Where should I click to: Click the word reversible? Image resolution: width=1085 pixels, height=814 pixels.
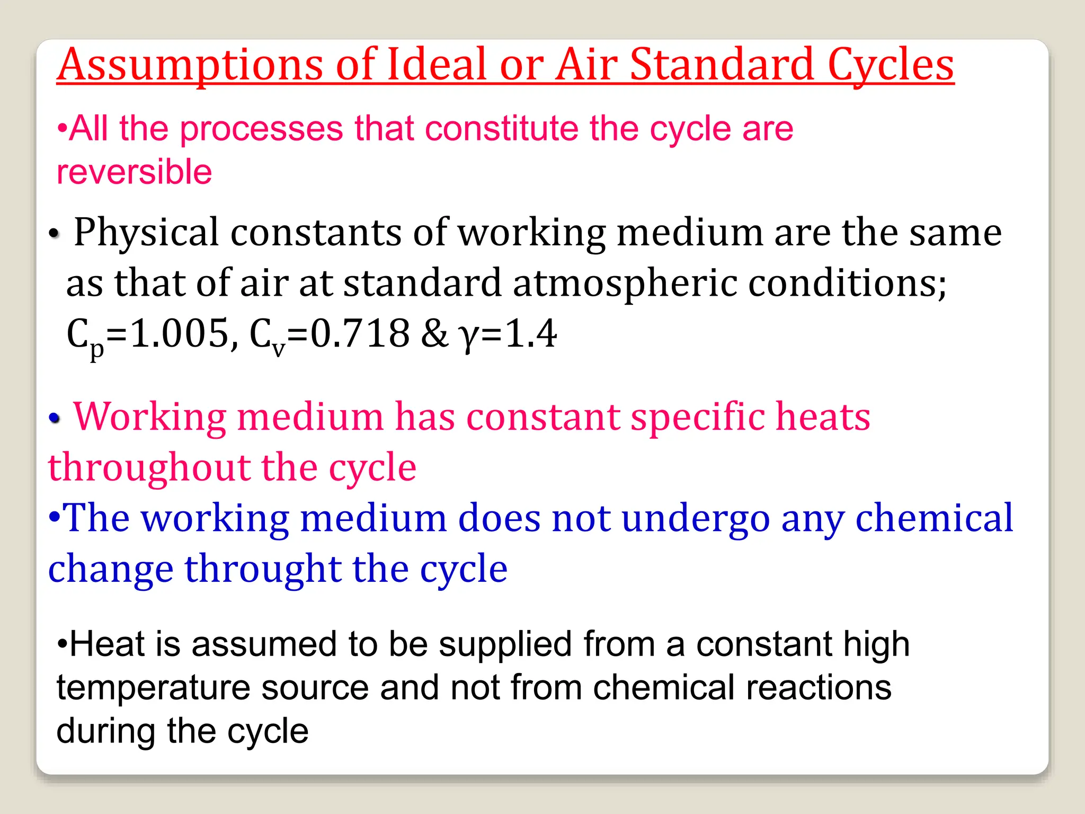(x=134, y=172)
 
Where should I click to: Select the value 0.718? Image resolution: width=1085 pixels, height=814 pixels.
(x=360, y=334)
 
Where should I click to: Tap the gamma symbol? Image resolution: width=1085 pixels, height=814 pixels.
(x=468, y=337)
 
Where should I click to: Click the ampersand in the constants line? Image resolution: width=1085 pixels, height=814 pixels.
(x=435, y=334)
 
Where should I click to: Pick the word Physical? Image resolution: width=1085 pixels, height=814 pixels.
(x=146, y=233)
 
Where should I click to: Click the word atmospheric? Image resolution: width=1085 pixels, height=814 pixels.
(x=625, y=284)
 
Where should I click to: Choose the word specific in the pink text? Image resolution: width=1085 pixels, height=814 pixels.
(x=697, y=417)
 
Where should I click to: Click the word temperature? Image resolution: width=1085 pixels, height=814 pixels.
(x=153, y=688)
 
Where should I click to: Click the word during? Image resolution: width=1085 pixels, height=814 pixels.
(x=106, y=731)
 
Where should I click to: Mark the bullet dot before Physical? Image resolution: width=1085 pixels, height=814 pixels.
(x=54, y=234)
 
